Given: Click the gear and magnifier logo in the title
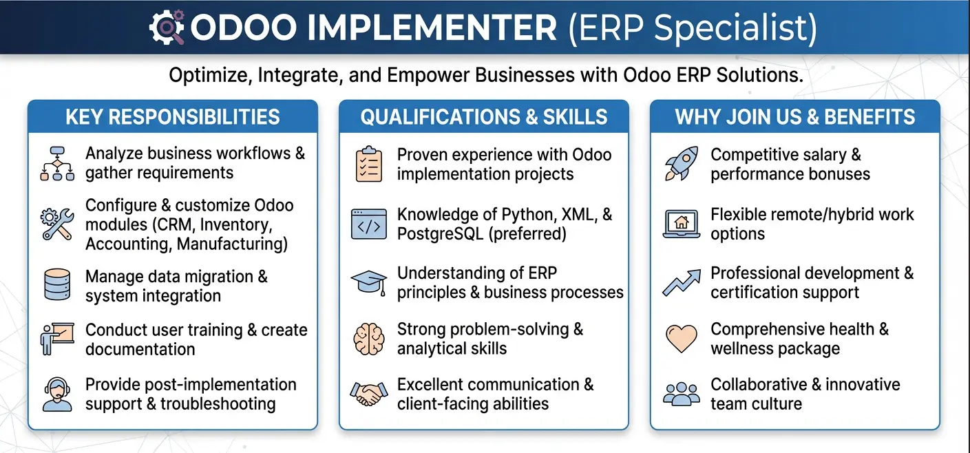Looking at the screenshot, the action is (167, 27).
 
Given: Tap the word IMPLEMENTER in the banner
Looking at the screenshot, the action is (432, 28).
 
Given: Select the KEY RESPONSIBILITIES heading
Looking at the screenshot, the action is (173, 117).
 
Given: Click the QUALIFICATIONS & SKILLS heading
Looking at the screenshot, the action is (484, 117).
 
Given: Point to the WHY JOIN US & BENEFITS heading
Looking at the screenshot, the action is (795, 117).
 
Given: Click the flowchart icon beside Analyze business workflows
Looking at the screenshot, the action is (57, 163).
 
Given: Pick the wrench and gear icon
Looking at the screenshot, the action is (56, 224).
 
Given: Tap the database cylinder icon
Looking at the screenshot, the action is (57, 284).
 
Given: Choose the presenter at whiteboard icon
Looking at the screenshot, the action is (57, 339).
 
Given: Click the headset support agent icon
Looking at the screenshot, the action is (57, 394).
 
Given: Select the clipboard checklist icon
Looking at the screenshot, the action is (368, 164).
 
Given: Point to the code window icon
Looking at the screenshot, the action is (369, 224).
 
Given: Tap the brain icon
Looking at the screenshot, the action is (369, 339).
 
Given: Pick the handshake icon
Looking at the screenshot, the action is (369, 394).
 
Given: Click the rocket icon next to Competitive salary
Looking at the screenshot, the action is (681, 163).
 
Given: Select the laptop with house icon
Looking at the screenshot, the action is (681, 224).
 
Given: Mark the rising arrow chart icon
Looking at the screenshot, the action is (682, 283).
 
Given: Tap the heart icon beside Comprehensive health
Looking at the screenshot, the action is (682, 339).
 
